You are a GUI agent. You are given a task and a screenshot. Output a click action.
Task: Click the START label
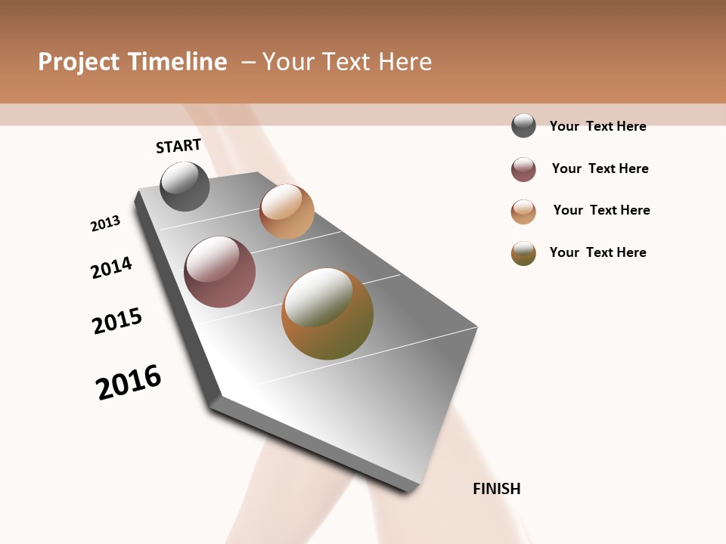178,146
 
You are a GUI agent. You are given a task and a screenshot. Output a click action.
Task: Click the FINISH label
496,489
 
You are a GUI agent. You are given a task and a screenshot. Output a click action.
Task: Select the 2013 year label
106,224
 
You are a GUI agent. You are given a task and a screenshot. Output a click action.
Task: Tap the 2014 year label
111,267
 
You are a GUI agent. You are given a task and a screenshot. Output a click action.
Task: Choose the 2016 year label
129,382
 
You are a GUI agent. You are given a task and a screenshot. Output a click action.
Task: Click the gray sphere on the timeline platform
185,186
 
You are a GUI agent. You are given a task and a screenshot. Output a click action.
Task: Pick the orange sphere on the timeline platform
287,212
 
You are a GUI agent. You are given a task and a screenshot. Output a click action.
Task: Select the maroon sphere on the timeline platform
220,272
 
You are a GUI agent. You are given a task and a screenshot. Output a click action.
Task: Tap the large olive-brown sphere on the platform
327,314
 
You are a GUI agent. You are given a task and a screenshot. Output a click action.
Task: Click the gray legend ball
523,125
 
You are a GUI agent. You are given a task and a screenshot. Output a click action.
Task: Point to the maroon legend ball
523,169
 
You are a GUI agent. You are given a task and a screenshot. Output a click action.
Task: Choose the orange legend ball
523,212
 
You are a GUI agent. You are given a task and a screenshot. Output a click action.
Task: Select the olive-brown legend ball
523,253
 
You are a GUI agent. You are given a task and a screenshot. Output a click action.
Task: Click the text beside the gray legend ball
597,126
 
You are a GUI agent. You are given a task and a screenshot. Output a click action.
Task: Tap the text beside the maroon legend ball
600,168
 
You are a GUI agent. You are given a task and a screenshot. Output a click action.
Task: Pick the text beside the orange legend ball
601,210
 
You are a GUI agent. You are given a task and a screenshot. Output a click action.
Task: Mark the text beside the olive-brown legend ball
597,252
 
